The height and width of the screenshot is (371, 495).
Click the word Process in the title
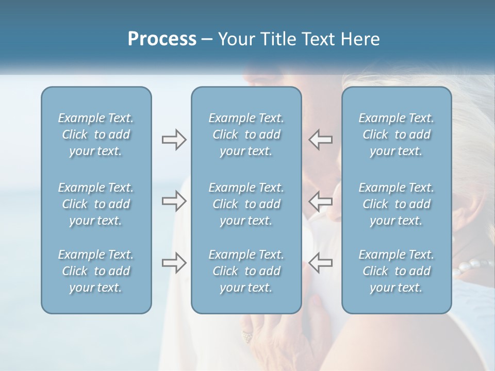pyautogui.click(x=162, y=39)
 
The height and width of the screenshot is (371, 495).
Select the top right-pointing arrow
pyautogui.click(x=174, y=140)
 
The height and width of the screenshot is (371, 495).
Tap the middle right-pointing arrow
pyautogui.click(x=174, y=201)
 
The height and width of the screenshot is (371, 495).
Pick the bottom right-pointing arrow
pyautogui.click(x=174, y=262)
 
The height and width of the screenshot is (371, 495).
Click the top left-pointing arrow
pyautogui.click(x=320, y=140)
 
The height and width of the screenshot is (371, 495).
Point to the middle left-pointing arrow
pyautogui.click(x=320, y=201)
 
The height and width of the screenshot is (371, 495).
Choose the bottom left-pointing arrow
pyautogui.click(x=320, y=262)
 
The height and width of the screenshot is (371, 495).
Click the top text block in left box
pyautogui.click(x=96, y=134)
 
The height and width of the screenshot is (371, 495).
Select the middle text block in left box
pyautogui.click(x=96, y=204)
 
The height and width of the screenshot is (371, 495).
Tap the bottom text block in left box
pyautogui.click(x=96, y=271)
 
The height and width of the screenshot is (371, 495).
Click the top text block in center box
pyautogui.click(x=246, y=134)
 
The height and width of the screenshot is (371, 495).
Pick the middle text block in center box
pyautogui.click(x=246, y=204)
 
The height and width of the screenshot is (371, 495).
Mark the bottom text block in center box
pyautogui.click(x=246, y=271)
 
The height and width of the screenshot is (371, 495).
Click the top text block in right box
pyautogui.click(x=397, y=134)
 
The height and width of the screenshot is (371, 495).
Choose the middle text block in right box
pyautogui.click(x=397, y=204)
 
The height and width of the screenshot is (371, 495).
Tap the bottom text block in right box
pyautogui.click(x=397, y=271)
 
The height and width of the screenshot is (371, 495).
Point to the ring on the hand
pyautogui.click(x=246, y=338)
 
